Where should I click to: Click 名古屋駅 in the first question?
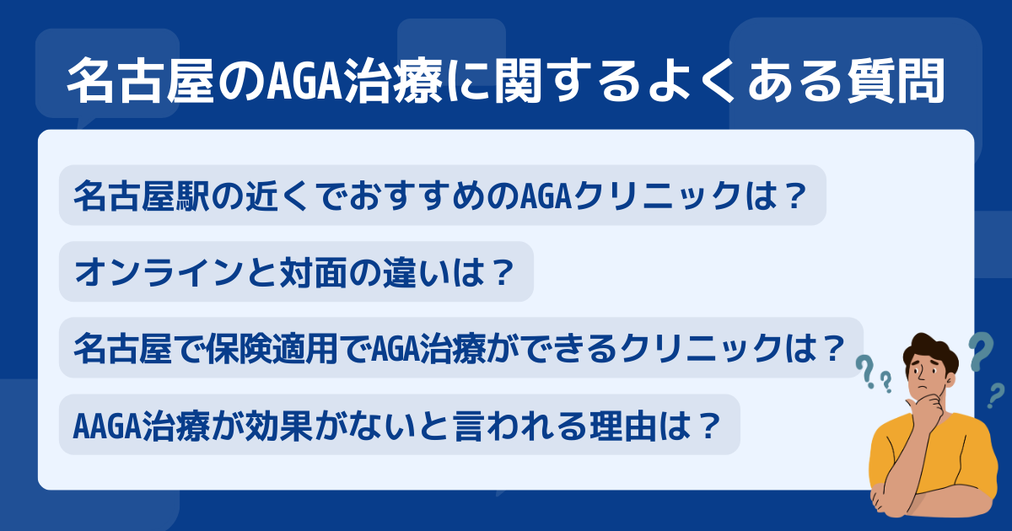coord(142,196)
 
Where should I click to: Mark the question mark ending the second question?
coord(503,272)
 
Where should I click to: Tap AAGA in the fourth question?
coord(107,426)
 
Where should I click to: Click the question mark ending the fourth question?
coord(707,426)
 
